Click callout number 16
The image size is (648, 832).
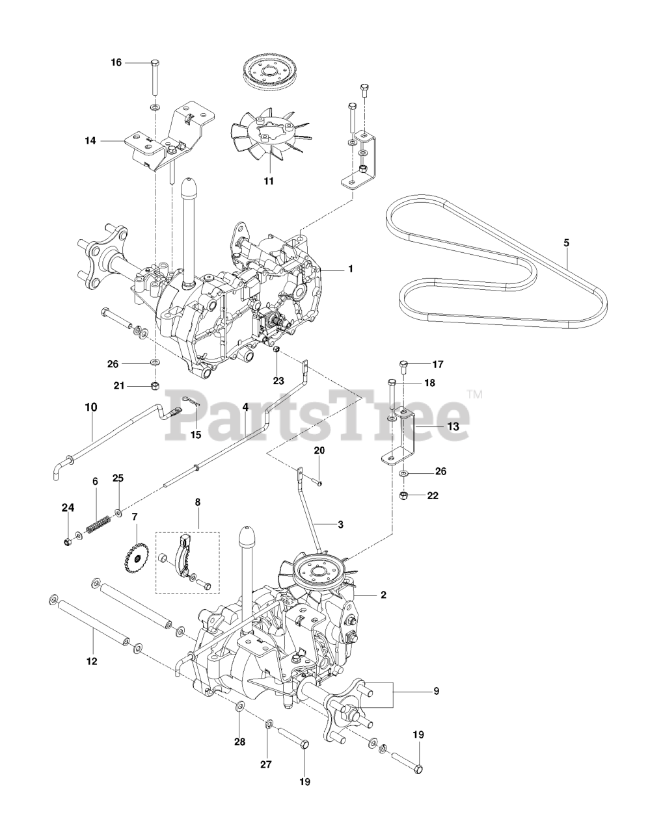[x=116, y=62]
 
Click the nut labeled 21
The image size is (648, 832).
[x=155, y=386]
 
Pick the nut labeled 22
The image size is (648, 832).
[x=404, y=496]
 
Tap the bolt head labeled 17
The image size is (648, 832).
[x=403, y=363]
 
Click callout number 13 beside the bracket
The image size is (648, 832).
[x=453, y=426]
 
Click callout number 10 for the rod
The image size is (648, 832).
[x=90, y=408]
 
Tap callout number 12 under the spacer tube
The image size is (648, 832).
[x=91, y=661]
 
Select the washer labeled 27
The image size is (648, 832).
[x=269, y=723]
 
